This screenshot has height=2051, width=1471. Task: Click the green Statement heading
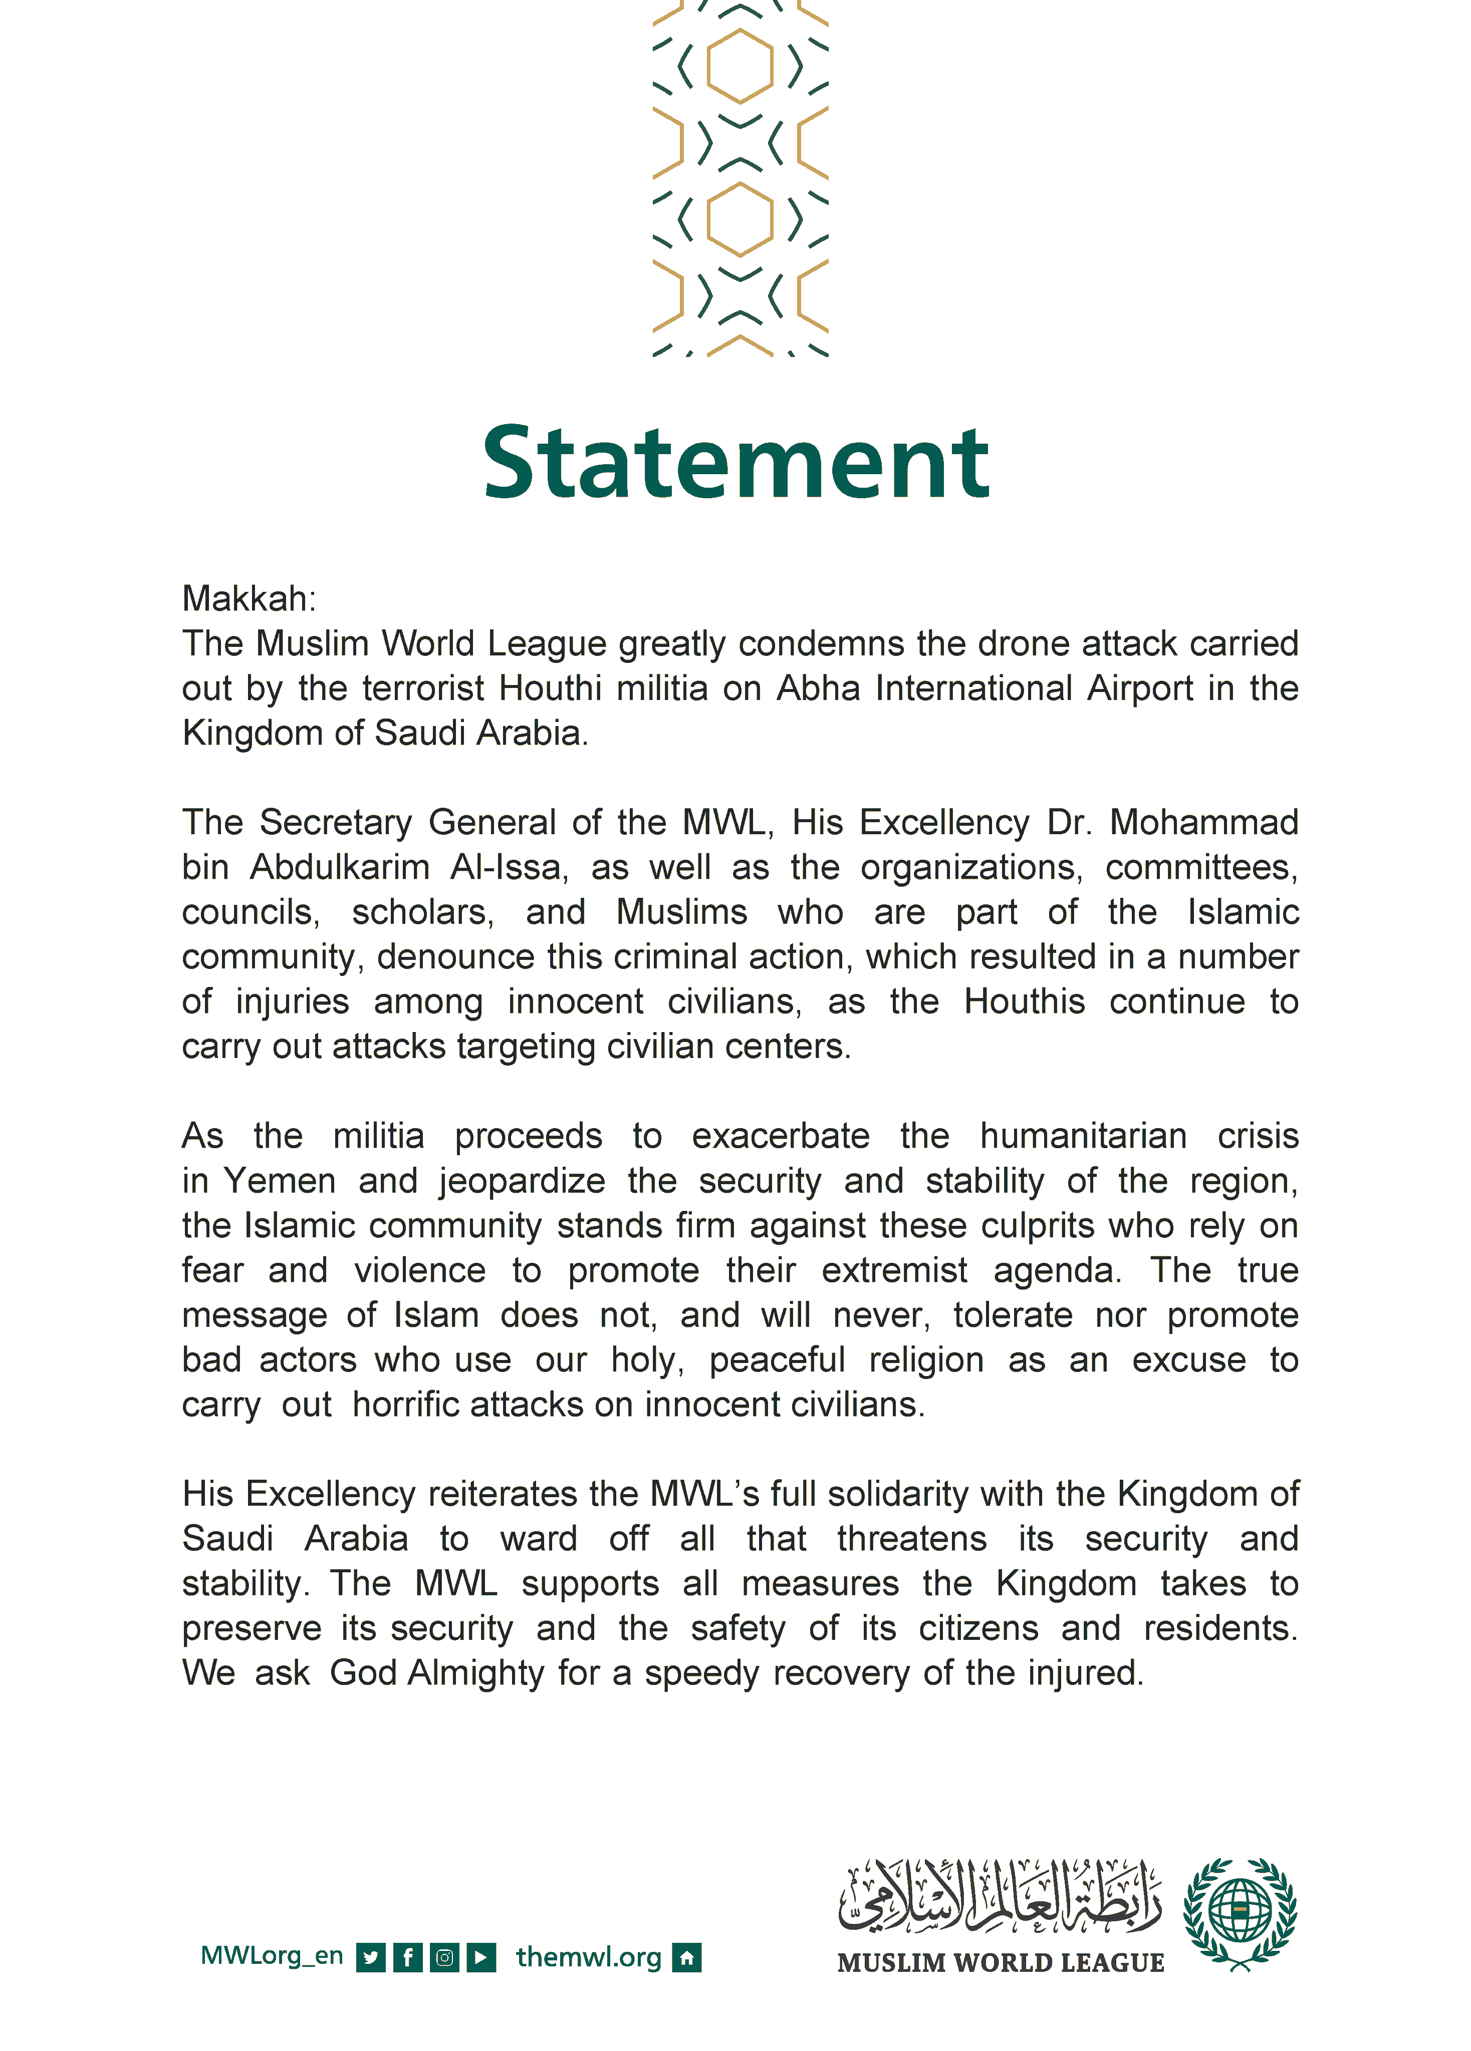click(x=735, y=463)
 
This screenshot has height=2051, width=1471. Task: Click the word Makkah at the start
click(x=246, y=599)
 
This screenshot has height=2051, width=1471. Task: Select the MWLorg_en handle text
click(x=272, y=1955)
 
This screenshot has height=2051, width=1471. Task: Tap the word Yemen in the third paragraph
click(x=280, y=1181)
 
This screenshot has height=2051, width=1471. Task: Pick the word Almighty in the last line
click(x=476, y=1673)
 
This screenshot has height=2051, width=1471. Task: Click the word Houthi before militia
click(x=550, y=688)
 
